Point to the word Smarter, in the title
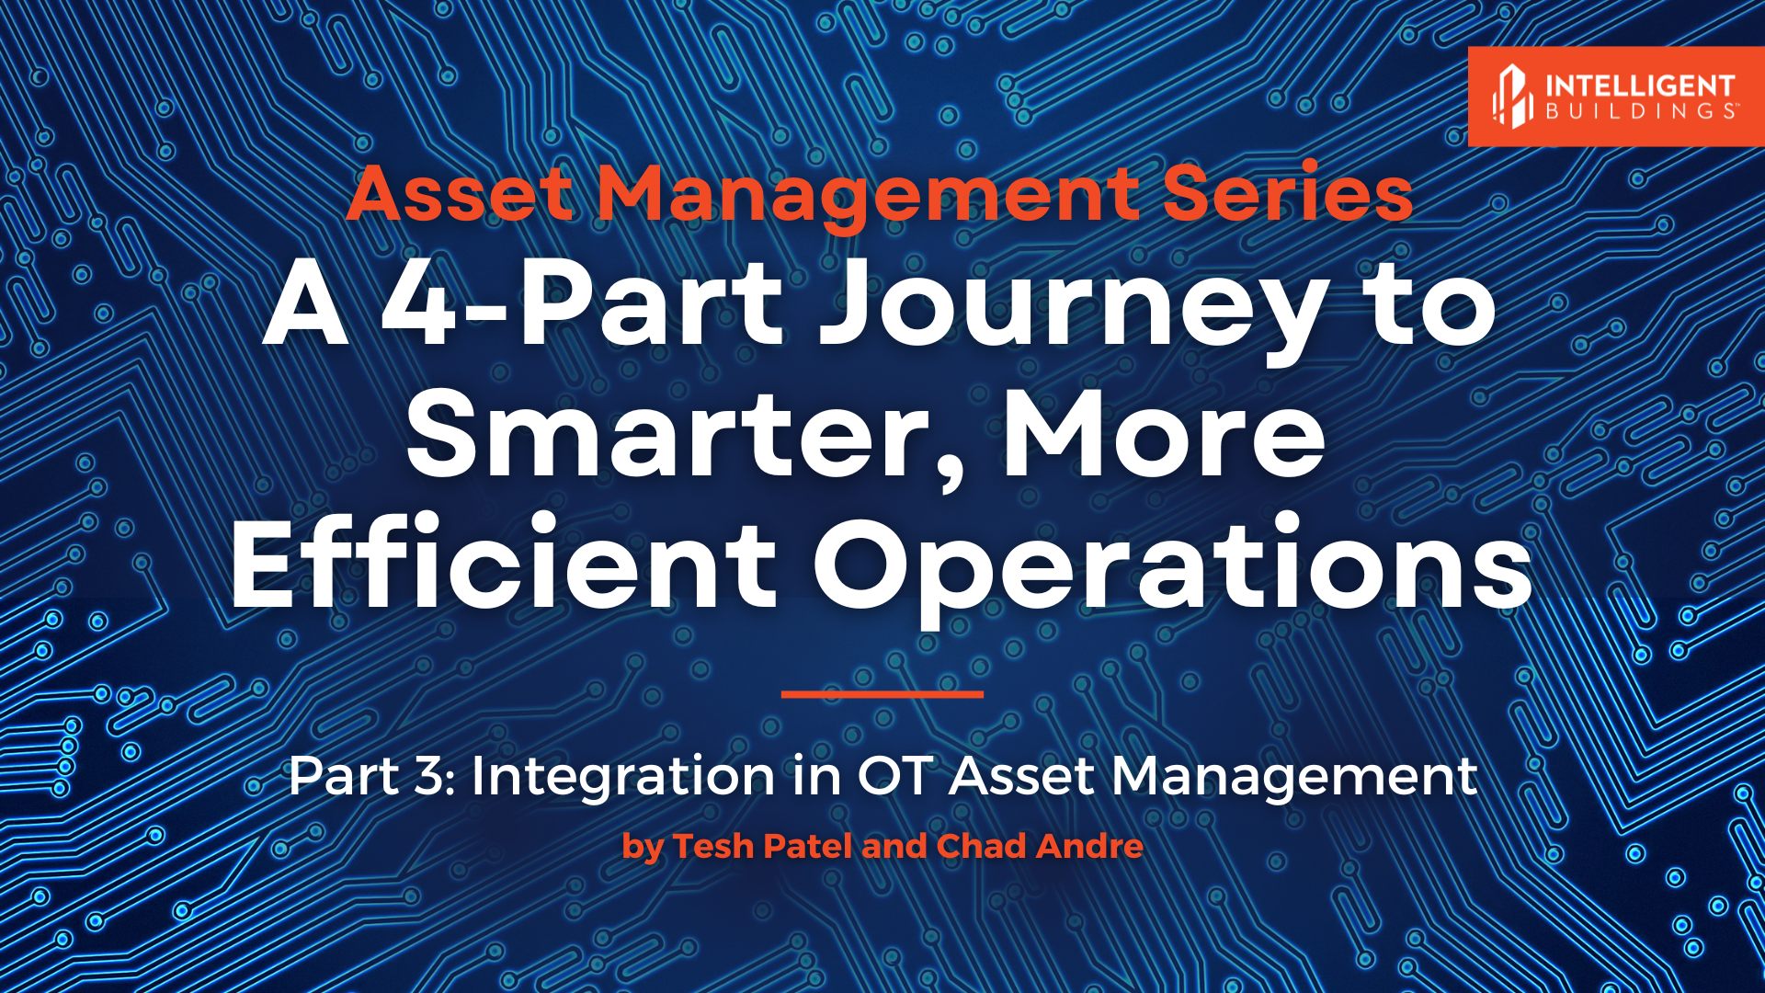point(686,434)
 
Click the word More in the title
point(1164,434)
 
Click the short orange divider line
point(882,694)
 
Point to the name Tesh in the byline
point(712,846)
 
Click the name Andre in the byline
point(1089,846)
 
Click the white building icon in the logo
point(1512,96)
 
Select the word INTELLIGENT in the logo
point(1640,86)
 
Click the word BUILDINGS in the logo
point(1640,111)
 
